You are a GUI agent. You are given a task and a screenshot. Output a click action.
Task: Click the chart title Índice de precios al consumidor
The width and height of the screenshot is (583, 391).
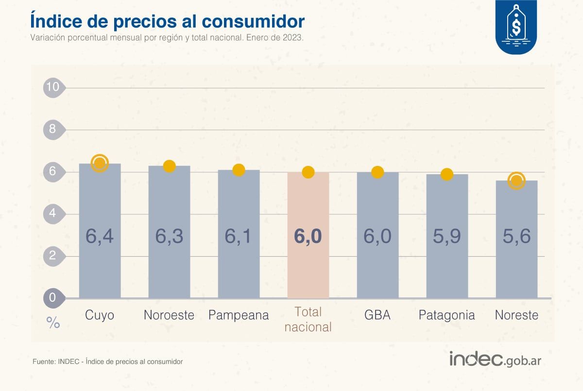pyautogui.click(x=167, y=21)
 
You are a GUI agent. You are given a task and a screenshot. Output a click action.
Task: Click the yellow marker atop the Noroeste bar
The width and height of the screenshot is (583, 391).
pyautogui.click(x=169, y=166)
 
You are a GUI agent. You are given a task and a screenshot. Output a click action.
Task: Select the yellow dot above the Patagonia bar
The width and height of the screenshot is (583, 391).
pyautogui.click(x=447, y=174)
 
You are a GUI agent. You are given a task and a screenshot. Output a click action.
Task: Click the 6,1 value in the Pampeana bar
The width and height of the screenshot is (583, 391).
pyautogui.click(x=239, y=236)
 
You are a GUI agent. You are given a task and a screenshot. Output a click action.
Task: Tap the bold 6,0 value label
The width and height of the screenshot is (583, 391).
pyautogui.click(x=308, y=237)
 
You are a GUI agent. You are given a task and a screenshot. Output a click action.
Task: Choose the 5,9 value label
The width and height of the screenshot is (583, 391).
pyautogui.click(x=447, y=236)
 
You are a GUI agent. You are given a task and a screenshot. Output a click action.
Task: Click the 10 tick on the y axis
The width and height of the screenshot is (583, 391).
pyautogui.click(x=52, y=88)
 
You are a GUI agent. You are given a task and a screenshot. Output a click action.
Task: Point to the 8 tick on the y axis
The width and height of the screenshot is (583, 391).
pyautogui.click(x=52, y=130)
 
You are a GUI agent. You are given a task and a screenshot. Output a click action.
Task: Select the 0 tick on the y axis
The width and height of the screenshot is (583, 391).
pyautogui.click(x=52, y=298)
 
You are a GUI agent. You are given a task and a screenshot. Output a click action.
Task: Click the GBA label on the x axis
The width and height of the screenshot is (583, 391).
pyautogui.click(x=377, y=315)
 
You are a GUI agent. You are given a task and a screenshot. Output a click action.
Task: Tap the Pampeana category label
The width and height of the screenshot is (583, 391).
pyautogui.click(x=239, y=315)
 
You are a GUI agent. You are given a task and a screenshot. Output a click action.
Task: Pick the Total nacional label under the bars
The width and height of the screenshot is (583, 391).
pyautogui.click(x=308, y=320)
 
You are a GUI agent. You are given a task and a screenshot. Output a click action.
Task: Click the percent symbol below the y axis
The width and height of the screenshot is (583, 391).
pyautogui.click(x=53, y=323)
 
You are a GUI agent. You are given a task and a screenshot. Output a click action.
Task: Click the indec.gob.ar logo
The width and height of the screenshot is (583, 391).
pyautogui.click(x=495, y=359)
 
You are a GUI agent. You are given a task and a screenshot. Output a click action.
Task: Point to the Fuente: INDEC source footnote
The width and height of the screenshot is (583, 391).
pyautogui.click(x=107, y=362)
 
